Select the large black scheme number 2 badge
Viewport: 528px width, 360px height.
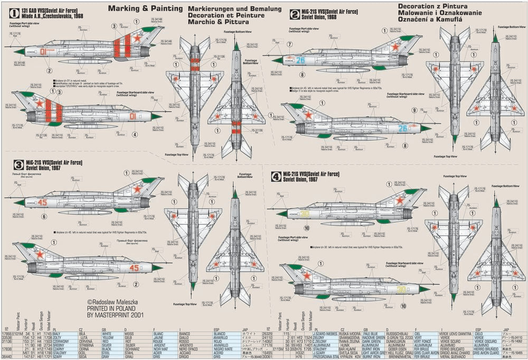point(294,14)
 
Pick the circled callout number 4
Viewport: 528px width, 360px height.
point(135,134)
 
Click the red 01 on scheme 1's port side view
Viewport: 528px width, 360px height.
point(44,52)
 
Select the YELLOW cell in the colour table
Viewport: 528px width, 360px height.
point(110,338)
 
